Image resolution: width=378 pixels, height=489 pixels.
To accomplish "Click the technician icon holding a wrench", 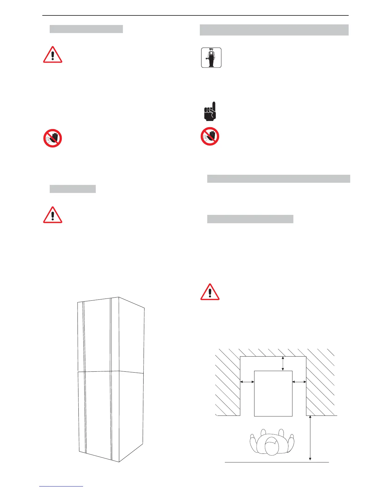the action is [x=211, y=58].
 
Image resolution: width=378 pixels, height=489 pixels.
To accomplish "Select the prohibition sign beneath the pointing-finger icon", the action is [x=210, y=136].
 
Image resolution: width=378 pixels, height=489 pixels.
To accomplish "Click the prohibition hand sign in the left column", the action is [x=52, y=138].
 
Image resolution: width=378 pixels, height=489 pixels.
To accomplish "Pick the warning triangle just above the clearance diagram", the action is [x=210, y=292].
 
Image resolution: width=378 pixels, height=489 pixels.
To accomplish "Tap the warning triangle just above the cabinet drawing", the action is [x=53, y=215].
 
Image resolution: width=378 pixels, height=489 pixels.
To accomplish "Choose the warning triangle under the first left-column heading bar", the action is [x=53, y=55].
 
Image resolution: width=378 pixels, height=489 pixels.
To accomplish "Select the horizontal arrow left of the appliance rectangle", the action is [x=247, y=382].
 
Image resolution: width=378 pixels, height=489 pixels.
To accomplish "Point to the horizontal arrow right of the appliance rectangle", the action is [x=299, y=382].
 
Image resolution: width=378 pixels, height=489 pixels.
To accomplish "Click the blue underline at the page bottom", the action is [x=61, y=486].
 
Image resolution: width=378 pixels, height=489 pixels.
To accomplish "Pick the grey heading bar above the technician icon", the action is [x=274, y=30].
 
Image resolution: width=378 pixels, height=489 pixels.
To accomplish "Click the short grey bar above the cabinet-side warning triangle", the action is [x=73, y=189].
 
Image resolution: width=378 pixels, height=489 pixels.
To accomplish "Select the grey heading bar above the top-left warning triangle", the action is [x=86, y=29].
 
